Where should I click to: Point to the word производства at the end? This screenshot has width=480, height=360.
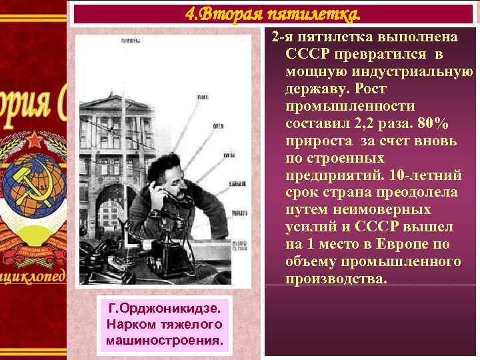(x=335, y=279)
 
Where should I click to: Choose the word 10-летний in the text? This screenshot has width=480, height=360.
(x=426, y=175)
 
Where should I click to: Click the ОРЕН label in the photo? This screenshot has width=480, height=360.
(x=217, y=125)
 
